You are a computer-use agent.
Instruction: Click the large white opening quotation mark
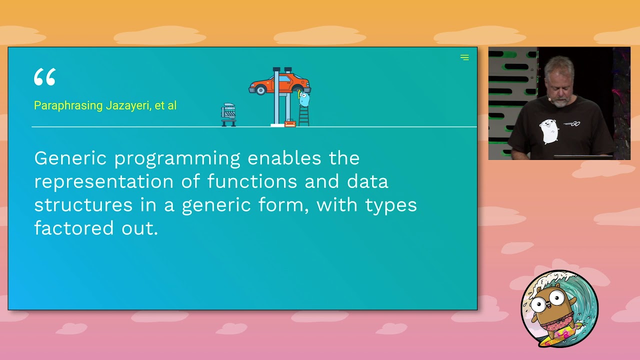click(45, 77)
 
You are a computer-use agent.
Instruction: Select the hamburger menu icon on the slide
click(464, 57)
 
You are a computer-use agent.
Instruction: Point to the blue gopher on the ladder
click(304, 98)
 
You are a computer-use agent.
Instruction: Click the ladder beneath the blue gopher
click(303, 116)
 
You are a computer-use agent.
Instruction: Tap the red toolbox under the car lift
click(290, 123)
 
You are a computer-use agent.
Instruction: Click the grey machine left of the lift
click(228, 114)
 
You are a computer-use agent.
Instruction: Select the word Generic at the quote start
click(70, 158)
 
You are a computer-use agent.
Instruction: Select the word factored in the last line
click(74, 228)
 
